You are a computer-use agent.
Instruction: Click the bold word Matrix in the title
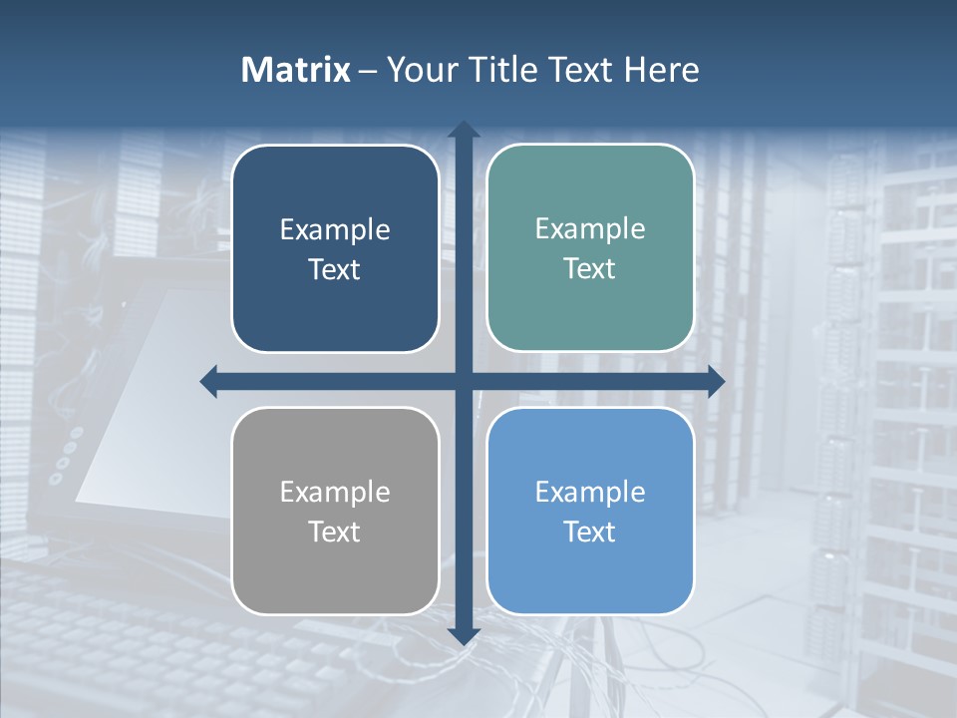(x=295, y=70)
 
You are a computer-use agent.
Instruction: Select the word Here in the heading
(x=661, y=70)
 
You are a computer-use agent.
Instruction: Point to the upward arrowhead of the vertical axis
(x=464, y=131)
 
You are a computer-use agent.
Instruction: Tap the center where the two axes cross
(x=464, y=381)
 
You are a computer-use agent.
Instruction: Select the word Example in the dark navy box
(x=335, y=230)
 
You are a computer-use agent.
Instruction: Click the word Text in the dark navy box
(x=335, y=269)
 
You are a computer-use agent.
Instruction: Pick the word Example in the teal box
(x=590, y=229)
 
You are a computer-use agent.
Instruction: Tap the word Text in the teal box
(x=590, y=268)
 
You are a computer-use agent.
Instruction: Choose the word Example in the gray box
(x=335, y=493)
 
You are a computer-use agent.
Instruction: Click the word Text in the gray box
(x=335, y=532)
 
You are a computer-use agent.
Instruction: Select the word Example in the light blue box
(x=590, y=493)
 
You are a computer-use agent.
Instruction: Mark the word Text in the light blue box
(x=590, y=532)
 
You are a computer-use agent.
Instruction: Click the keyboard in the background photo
(x=120, y=628)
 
